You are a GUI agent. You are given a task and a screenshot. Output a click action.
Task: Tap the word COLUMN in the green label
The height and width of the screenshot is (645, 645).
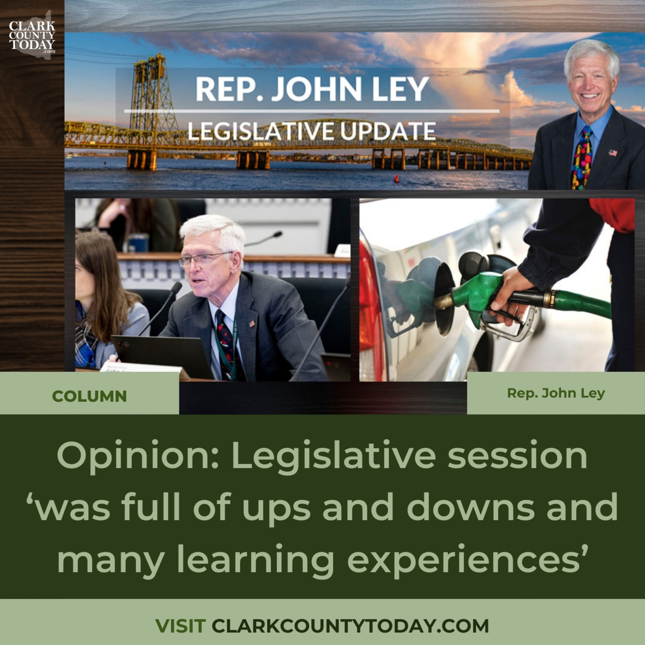coord(89,396)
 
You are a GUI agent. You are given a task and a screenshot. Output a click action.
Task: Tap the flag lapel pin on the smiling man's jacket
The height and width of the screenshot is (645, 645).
coord(613,153)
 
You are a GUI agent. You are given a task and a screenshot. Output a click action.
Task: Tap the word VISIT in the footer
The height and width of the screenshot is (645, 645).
coord(180,626)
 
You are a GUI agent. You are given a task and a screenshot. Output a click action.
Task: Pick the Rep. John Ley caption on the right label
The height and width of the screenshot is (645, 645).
coord(556,393)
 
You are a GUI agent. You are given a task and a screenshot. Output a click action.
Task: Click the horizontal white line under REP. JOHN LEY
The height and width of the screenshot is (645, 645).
coord(312,111)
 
